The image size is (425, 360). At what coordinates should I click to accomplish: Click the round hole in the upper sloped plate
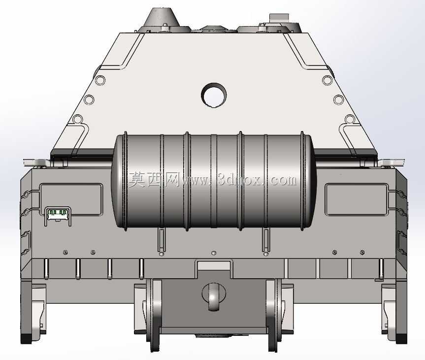click(x=214, y=95)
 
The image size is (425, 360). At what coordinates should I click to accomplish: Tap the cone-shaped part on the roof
click(x=163, y=17)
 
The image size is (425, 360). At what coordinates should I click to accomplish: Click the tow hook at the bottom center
click(x=214, y=297)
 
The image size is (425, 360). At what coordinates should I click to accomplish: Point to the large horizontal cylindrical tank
click(x=214, y=181)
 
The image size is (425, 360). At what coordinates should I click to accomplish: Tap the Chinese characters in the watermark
click(x=154, y=180)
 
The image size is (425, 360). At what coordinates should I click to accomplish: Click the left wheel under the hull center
click(x=155, y=315)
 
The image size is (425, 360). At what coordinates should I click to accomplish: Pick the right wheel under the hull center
click(x=274, y=315)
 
